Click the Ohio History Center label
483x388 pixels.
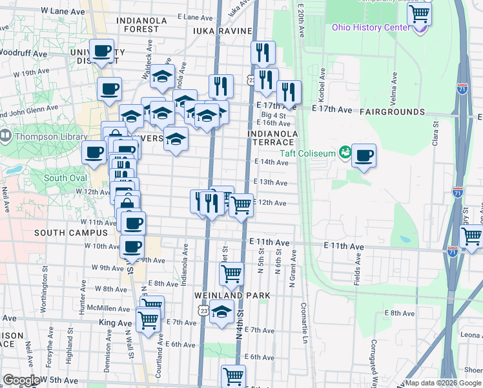371,27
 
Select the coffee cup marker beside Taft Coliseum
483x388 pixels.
364,155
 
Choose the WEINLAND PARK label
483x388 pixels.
232,296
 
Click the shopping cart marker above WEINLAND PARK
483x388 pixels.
231,274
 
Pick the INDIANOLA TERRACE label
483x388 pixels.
272,138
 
